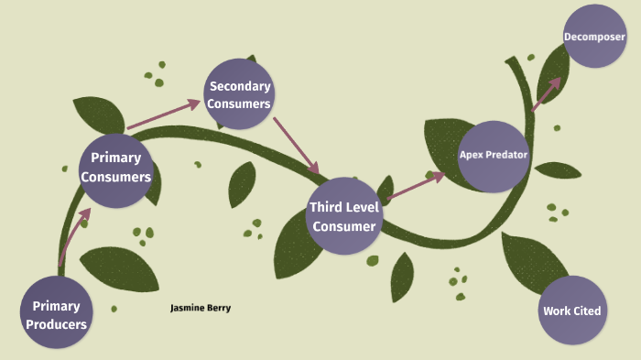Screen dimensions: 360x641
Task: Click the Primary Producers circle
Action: [57, 313]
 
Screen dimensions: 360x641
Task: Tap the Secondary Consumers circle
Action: [239, 94]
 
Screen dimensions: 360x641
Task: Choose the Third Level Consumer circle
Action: [342, 217]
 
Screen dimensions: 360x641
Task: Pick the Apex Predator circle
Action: [494, 156]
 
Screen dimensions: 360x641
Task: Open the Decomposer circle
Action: [594, 37]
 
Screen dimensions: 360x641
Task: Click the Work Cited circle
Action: [571, 311]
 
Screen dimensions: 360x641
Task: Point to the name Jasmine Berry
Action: [201, 309]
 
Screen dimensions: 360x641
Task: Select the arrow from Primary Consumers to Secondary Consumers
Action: [163, 115]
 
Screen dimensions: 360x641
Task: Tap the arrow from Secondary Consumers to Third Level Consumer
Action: [296, 144]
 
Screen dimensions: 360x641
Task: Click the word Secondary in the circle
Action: [240, 86]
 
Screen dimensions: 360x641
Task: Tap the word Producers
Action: [57, 324]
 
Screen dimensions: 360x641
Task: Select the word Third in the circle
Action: [326, 207]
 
